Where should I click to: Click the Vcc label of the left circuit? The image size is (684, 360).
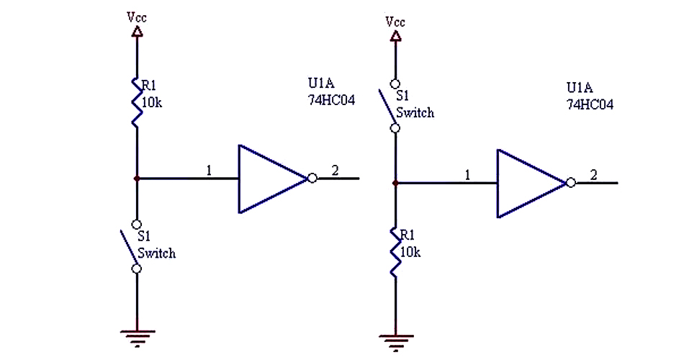click(137, 17)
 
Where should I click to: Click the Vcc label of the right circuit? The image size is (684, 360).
click(395, 22)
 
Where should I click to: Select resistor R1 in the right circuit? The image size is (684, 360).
click(395, 252)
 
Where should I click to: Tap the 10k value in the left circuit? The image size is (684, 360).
click(152, 103)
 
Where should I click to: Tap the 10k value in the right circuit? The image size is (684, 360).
click(410, 252)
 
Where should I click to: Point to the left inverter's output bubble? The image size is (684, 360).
click(312, 179)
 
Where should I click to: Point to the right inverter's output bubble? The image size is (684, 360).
click(570, 183)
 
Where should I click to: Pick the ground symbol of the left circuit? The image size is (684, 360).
click(136, 333)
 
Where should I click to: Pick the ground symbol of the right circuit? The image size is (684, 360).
click(395, 338)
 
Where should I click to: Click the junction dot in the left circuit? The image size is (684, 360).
click(136, 178)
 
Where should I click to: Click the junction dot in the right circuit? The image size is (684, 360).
click(395, 183)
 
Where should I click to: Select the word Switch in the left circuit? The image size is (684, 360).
click(156, 253)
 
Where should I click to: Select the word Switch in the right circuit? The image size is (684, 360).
click(415, 113)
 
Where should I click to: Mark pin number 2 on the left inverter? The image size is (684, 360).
click(335, 171)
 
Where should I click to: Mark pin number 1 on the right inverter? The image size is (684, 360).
click(468, 175)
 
